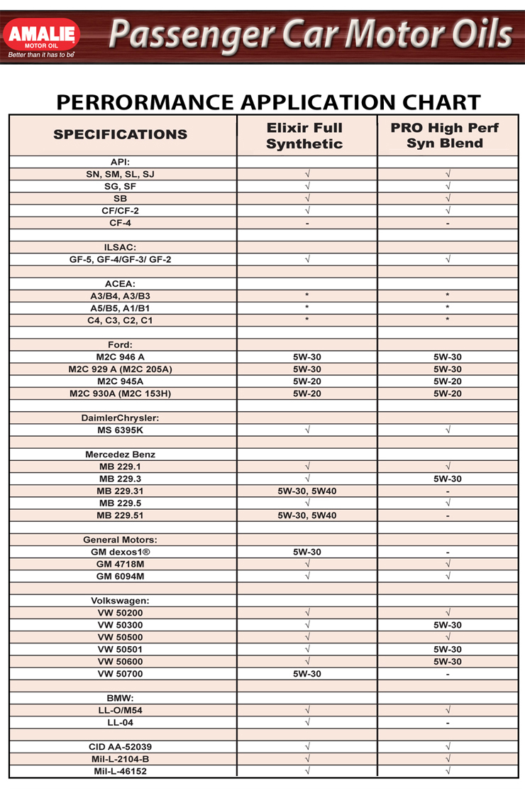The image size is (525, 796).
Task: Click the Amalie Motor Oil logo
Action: (42, 35)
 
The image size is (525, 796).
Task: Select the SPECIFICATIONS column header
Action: (121, 134)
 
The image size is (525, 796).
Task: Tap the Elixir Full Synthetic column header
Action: (304, 136)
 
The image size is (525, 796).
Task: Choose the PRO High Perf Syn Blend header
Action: (445, 136)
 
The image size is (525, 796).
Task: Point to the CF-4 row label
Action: (121, 223)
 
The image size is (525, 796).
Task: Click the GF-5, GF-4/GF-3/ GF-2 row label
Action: (121, 259)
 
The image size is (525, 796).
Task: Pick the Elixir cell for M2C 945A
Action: (307, 381)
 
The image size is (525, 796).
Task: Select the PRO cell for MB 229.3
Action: (448, 479)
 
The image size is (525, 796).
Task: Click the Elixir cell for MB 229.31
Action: (307, 491)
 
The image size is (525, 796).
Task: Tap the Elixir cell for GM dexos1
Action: (307, 552)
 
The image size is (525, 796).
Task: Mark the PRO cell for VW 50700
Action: (448, 674)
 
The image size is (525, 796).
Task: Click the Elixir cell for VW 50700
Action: (307, 674)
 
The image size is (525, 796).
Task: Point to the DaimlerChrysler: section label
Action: (121, 418)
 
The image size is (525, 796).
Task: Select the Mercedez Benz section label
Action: (121, 454)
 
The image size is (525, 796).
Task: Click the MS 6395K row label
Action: (121, 430)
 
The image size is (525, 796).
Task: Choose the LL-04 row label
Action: (121, 722)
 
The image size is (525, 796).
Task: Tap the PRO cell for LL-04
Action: (448, 723)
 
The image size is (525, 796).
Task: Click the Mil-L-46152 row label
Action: (121, 770)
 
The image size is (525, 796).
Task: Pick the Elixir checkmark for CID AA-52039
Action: (307, 746)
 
